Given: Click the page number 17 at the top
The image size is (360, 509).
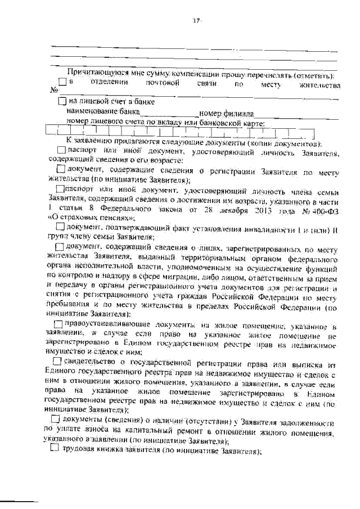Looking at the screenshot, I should (196, 21).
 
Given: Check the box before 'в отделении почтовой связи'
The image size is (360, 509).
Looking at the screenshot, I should (62, 83).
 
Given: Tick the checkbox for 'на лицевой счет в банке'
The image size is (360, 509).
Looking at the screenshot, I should (62, 102).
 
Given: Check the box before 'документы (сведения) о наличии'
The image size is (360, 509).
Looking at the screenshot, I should (55, 420).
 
